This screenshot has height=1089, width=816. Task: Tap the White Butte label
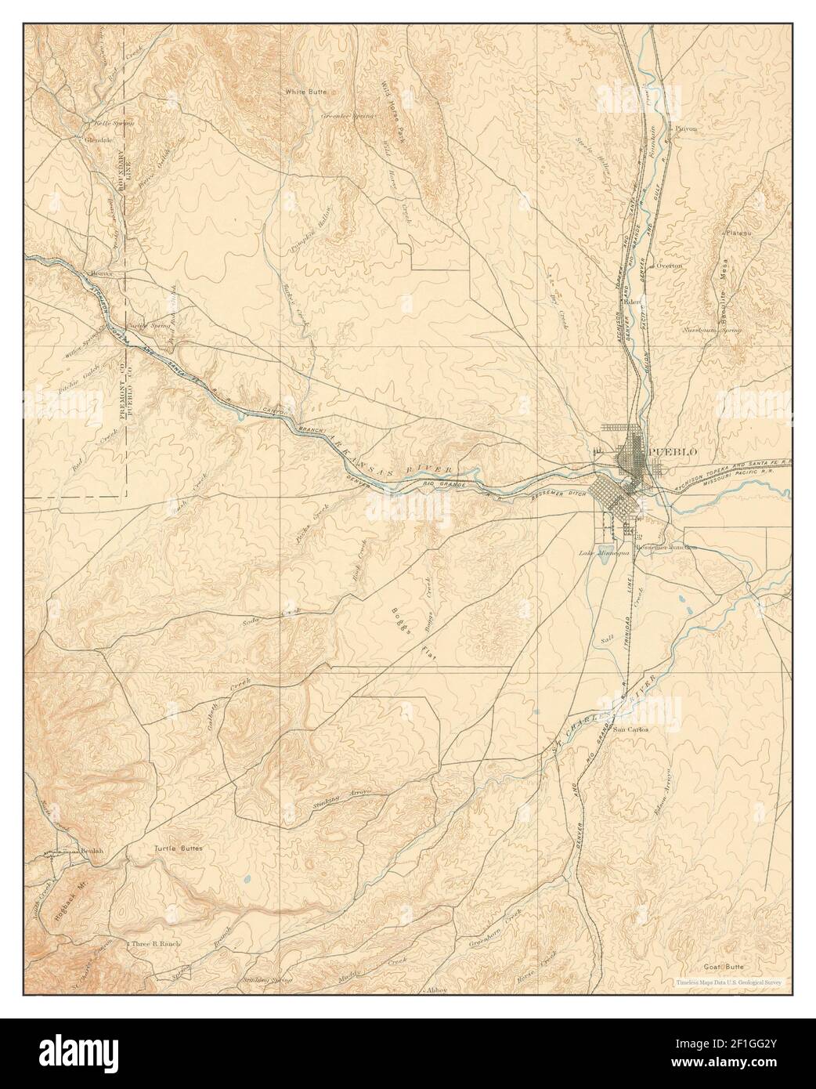click(x=305, y=92)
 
